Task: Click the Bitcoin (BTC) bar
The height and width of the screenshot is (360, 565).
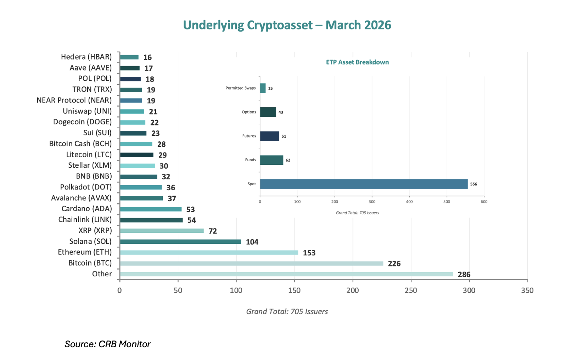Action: [x=251, y=264]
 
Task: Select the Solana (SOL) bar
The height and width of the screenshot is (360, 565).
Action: [x=180, y=242]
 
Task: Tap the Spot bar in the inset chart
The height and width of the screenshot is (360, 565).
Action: [x=364, y=184]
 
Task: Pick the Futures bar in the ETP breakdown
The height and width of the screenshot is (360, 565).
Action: [x=269, y=136]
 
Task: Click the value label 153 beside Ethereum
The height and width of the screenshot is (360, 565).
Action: [x=309, y=253]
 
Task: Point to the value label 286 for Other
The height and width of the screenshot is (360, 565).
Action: [x=464, y=275]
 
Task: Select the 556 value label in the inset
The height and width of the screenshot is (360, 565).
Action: [x=474, y=184]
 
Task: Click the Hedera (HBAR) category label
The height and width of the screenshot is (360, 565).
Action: [x=86, y=57]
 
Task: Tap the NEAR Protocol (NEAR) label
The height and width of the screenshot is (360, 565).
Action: [x=74, y=100]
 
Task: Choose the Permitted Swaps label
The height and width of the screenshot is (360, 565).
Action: [x=240, y=88]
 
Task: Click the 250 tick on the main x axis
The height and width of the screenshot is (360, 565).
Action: [x=411, y=291]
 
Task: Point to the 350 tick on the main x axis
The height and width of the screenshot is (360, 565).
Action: [x=527, y=291]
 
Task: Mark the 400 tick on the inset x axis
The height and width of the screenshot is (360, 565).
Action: [x=409, y=202]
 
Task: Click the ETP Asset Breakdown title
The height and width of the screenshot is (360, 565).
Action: [x=357, y=62]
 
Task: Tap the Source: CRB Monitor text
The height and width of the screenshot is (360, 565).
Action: [x=107, y=344]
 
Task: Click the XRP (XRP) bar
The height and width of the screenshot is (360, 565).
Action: [x=162, y=231]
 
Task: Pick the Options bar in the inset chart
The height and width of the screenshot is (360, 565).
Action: [x=268, y=112]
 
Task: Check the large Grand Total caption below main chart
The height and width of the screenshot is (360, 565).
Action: [x=287, y=311]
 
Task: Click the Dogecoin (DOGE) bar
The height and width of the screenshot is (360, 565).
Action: [x=133, y=123]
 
